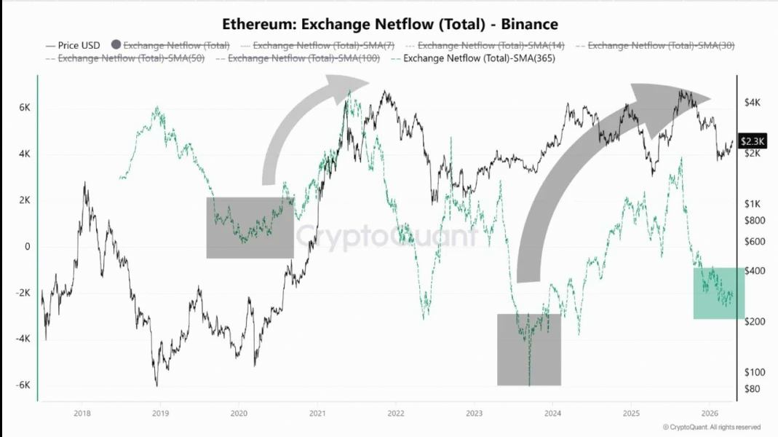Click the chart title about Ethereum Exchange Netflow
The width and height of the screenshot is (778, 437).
(x=389, y=25)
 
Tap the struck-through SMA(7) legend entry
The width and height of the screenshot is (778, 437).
(x=323, y=45)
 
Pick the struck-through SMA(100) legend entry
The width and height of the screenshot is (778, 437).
(x=303, y=58)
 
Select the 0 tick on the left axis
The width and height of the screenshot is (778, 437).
(x=27, y=246)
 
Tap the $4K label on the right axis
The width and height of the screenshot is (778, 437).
(x=753, y=103)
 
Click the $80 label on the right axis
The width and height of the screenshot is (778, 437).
(x=753, y=389)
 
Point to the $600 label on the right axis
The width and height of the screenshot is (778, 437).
(x=755, y=241)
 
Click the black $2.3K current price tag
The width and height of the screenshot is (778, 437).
(x=753, y=141)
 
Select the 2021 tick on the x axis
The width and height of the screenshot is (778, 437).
(x=317, y=413)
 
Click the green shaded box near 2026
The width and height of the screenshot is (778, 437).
(x=718, y=293)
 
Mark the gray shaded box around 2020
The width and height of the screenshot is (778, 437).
(x=250, y=227)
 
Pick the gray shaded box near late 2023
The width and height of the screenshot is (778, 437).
(x=529, y=350)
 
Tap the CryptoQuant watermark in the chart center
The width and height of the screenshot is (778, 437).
(x=386, y=236)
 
